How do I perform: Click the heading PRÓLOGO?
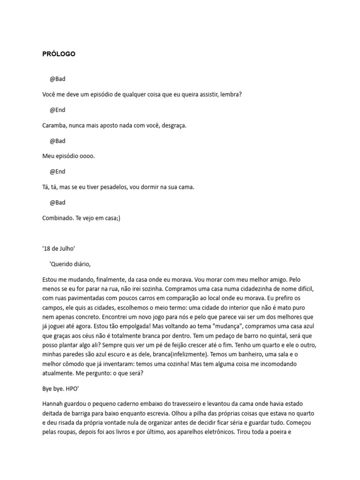[59, 54]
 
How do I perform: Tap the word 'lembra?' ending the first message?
[230, 94]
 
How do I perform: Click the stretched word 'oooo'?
[87, 156]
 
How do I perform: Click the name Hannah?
[52, 404]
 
